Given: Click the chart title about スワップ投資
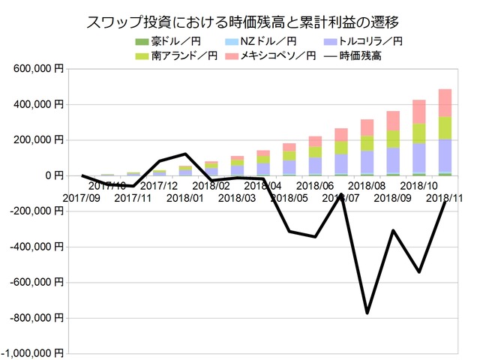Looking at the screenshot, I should coord(240,22).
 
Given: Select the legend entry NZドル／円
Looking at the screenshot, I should coord(260,42).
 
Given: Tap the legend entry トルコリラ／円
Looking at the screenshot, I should coord(359,42).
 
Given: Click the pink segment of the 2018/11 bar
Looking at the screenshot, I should coord(445,103).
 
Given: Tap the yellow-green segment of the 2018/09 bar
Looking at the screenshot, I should coord(393,139).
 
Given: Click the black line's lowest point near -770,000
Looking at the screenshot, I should coord(367,313).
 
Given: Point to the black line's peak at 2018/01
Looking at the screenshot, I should coord(185,154).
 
